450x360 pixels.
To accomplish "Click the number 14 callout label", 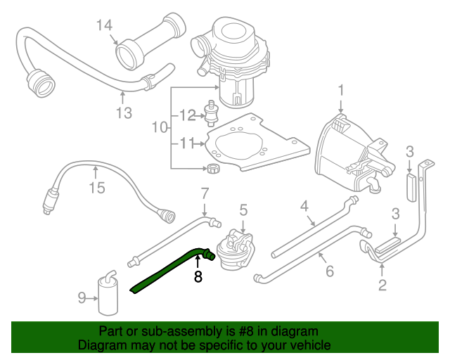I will (x=104, y=27).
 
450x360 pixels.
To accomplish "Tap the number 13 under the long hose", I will (x=124, y=112).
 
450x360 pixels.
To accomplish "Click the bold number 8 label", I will (x=198, y=277).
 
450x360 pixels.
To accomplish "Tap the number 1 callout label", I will (x=341, y=91).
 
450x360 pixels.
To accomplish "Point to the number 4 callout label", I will (x=304, y=206).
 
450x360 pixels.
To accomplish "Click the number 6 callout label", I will (x=329, y=271).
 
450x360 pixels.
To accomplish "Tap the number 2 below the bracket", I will (x=382, y=285).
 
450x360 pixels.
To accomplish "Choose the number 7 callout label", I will (x=205, y=193).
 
